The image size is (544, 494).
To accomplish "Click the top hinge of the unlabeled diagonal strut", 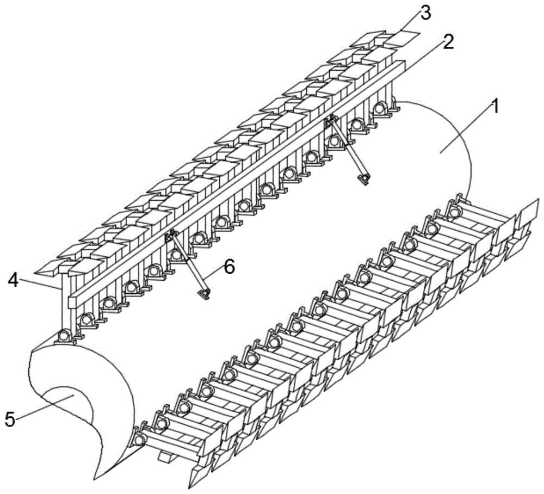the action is coord(329,122).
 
